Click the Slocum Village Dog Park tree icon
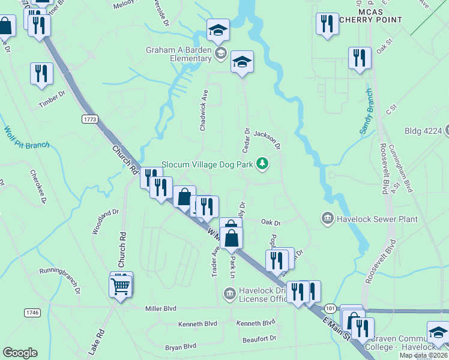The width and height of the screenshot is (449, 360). [262, 163]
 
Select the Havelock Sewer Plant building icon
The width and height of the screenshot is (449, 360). [328, 219]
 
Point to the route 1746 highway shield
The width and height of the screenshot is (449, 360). [32, 313]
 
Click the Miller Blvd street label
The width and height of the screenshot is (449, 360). [161, 308]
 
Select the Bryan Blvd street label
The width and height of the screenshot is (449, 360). [181, 346]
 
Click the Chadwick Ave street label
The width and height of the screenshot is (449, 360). [204, 110]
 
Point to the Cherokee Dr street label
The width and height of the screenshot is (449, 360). [38, 187]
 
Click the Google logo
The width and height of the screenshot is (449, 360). [20, 352]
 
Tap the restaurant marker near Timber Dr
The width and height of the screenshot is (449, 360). [41, 74]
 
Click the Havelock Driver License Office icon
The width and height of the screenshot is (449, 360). [229, 293]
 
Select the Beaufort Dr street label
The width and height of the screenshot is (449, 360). [260, 338]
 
